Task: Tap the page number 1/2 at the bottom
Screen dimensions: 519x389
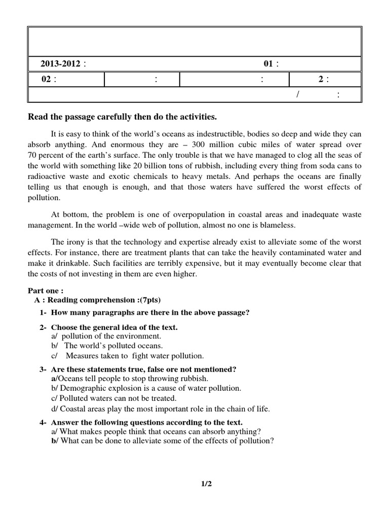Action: pyautogui.click(x=206, y=484)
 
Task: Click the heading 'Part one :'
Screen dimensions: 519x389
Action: pyautogui.click(x=46, y=291)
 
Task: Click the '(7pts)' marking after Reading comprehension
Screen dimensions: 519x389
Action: pyautogui.click(x=145, y=300)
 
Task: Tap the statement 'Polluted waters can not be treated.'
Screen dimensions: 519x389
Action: pyautogui.click(x=117, y=398)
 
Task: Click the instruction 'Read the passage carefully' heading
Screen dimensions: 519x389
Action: pyautogui.click(x=122, y=118)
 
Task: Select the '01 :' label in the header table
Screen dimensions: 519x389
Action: pyautogui.click(x=271, y=64)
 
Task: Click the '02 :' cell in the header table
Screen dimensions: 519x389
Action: pyautogui.click(x=49, y=79)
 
